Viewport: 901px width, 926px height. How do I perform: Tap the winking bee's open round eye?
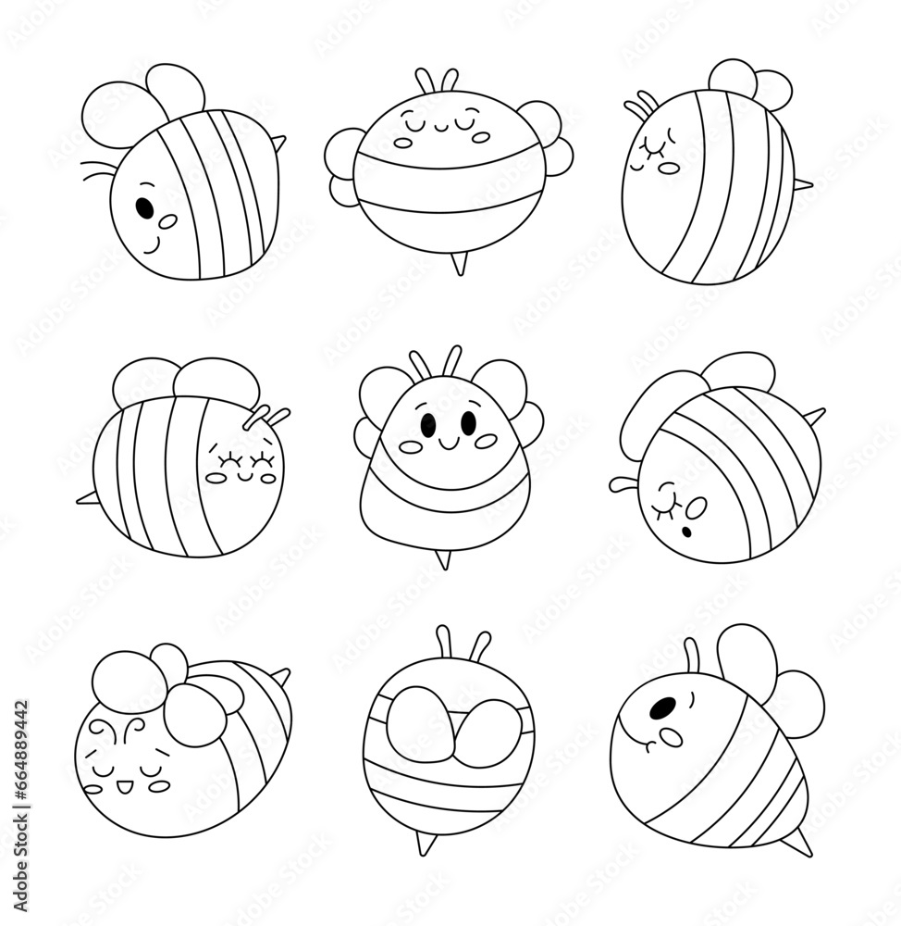[697, 506]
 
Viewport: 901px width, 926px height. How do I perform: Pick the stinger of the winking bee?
[815, 416]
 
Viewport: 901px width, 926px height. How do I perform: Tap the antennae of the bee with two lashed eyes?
[265, 414]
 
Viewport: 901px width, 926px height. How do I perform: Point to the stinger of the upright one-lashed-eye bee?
[803, 185]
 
